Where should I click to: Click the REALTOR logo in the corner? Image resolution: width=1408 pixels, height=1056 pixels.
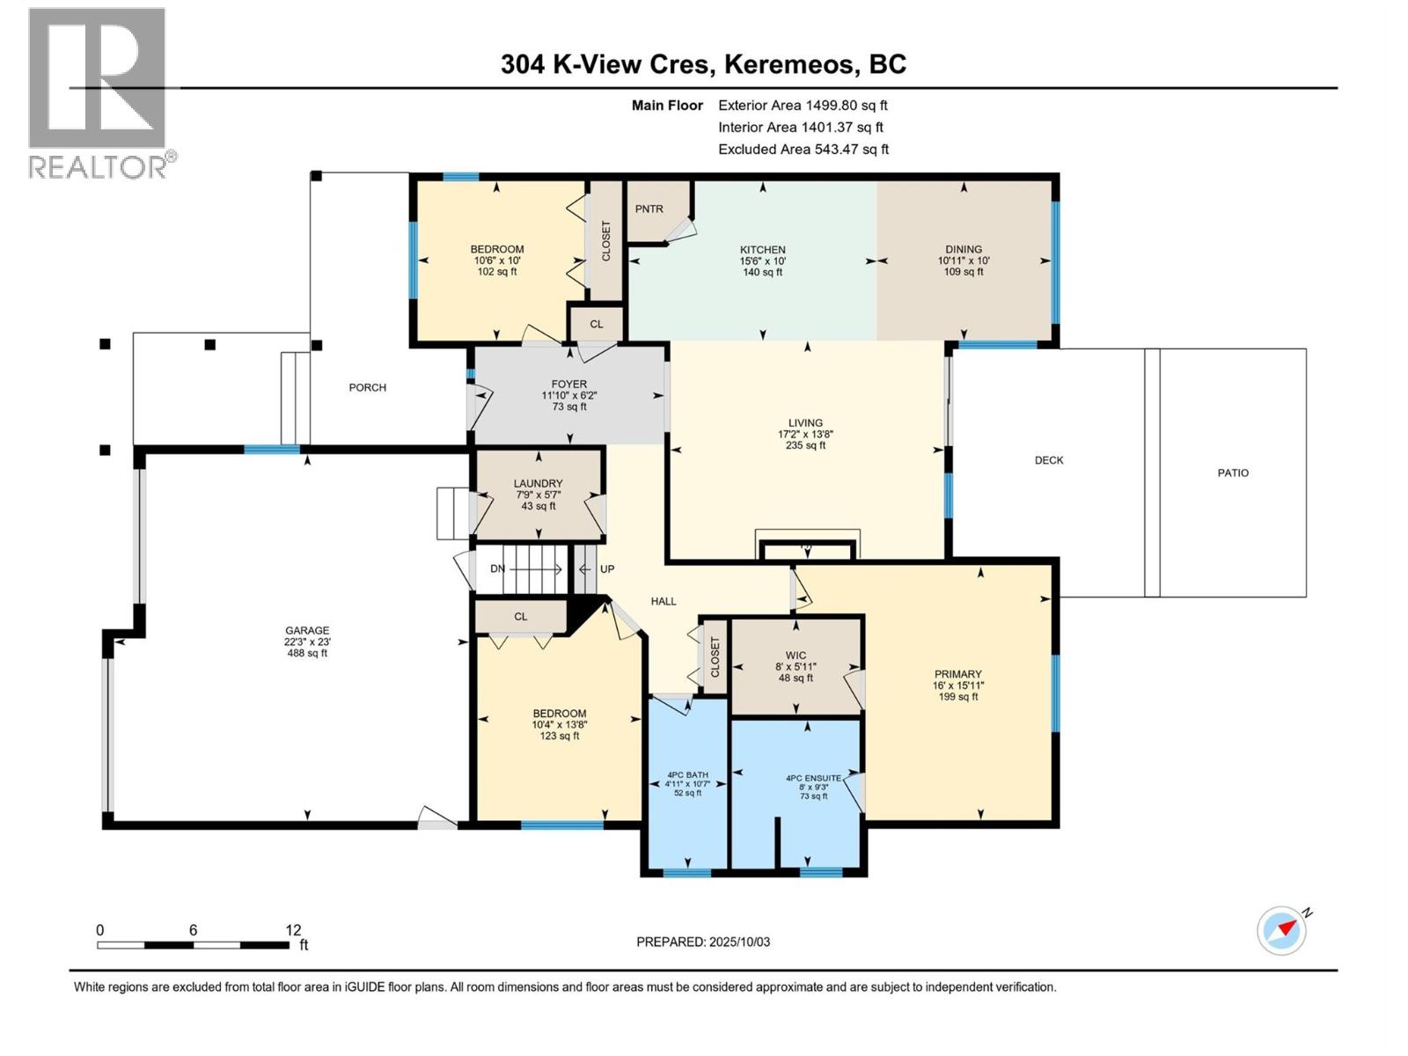point(99,92)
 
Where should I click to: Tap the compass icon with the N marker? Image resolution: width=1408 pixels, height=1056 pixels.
point(1281,930)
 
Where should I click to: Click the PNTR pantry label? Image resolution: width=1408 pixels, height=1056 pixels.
point(649,209)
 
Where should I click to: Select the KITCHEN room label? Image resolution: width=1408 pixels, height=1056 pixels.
point(762,250)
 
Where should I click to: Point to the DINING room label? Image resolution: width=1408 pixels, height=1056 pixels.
point(964,249)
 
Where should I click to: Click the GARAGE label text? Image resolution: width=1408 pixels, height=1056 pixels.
point(306,630)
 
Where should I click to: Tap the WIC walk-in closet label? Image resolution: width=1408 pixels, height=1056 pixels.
point(796,656)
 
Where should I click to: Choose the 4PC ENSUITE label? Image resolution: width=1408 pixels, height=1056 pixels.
point(813,778)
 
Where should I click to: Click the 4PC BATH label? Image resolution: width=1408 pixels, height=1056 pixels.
point(687,775)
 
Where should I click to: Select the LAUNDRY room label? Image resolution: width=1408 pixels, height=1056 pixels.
point(538,483)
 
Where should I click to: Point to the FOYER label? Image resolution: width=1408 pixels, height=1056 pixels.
point(568,384)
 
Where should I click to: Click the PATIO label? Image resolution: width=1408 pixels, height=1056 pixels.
point(1232,473)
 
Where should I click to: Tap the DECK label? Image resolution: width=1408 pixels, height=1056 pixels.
point(1048,460)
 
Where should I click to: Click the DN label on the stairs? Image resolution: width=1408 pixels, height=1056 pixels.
point(498,568)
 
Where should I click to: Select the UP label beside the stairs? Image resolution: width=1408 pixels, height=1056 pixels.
point(607,568)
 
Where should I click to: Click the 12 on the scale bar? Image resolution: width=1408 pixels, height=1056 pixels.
point(293,930)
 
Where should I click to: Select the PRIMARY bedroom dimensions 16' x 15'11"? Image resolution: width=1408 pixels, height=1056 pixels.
point(957,686)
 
